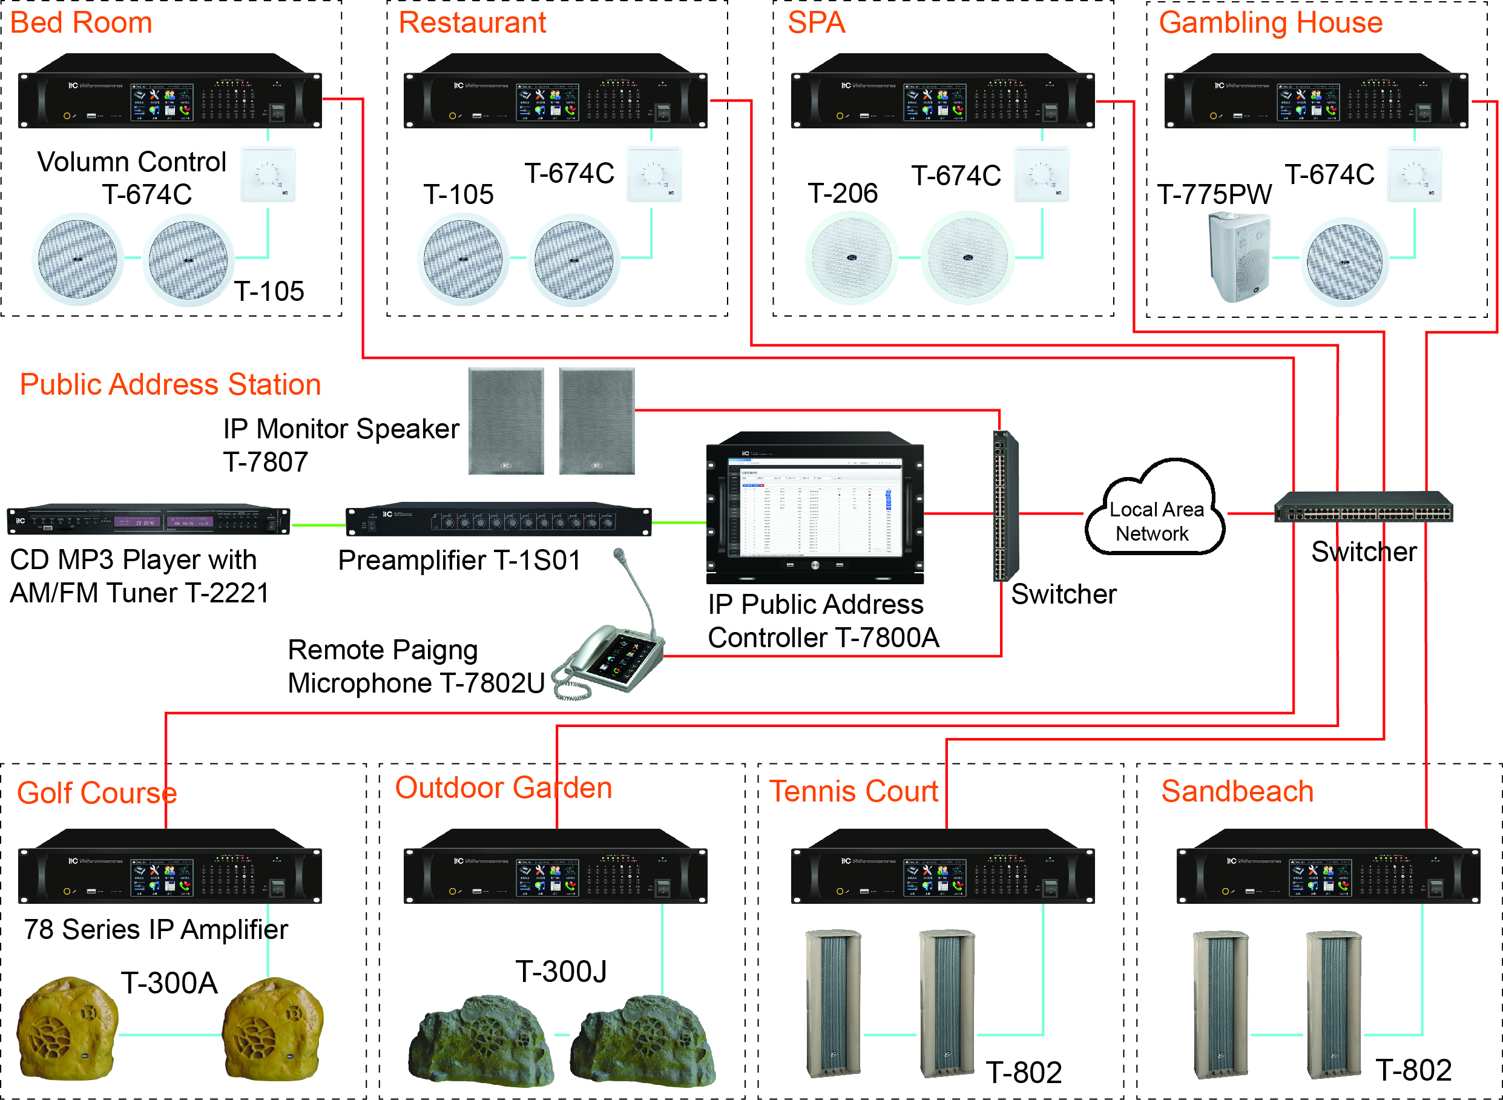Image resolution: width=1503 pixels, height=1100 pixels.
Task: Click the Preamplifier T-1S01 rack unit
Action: pos(498,520)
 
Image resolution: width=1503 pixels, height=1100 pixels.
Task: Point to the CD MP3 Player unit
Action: pos(148,520)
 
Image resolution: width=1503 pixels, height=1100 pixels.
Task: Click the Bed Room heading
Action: pos(81,22)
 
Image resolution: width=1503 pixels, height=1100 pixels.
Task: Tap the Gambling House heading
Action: pos(1270,22)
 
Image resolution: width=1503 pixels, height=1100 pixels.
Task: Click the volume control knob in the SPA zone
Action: pos(1041,174)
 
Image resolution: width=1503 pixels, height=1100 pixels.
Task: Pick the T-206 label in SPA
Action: pos(842,194)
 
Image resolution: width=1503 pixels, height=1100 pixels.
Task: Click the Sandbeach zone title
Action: pos(1237,792)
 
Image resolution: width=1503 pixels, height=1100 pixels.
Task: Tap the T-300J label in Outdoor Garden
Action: pos(561,972)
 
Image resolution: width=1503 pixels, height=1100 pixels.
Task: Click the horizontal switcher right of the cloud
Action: pos(1363,509)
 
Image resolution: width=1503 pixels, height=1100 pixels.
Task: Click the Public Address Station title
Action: pos(171,385)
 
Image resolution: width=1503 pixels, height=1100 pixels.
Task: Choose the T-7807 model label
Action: pos(265,462)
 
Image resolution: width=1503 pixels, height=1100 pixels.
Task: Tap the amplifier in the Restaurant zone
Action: pos(555,92)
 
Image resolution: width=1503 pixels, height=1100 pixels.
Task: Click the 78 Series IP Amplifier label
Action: pos(156,929)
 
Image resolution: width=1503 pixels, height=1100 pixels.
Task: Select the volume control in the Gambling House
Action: pos(1414,174)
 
